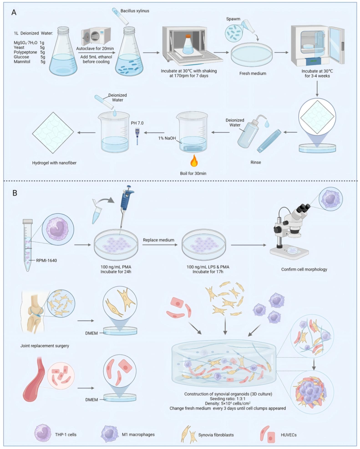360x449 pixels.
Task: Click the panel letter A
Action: pos(14,12)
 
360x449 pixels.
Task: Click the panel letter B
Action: pos(15,193)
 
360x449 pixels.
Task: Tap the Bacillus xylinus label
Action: pos(135,11)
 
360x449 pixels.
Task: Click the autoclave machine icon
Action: pos(96,36)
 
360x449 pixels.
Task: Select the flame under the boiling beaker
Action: pos(194,161)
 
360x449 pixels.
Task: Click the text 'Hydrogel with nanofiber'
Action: pos(54,163)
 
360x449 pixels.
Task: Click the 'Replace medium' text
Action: pos(159,240)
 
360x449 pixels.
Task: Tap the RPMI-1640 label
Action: pos(46,261)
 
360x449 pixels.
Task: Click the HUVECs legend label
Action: pos(289,435)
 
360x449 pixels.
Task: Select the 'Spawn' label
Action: pos(233,19)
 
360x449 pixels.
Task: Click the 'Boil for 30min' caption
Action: pos(193,173)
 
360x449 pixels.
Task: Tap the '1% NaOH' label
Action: pos(167,138)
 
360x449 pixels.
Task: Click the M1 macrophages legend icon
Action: pos(110,433)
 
